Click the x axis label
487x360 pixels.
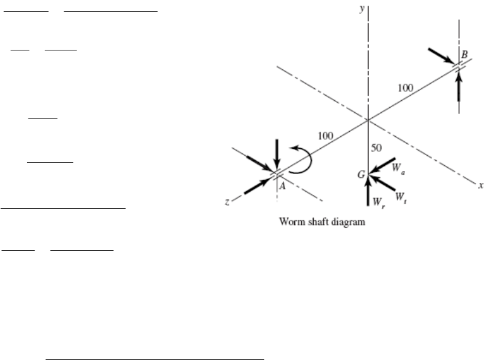479,185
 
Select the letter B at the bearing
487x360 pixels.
464,55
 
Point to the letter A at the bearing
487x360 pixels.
283,186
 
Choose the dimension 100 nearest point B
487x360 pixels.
406,88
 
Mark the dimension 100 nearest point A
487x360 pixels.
325,135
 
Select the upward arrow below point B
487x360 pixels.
459,86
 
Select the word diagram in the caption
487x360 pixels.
349,222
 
